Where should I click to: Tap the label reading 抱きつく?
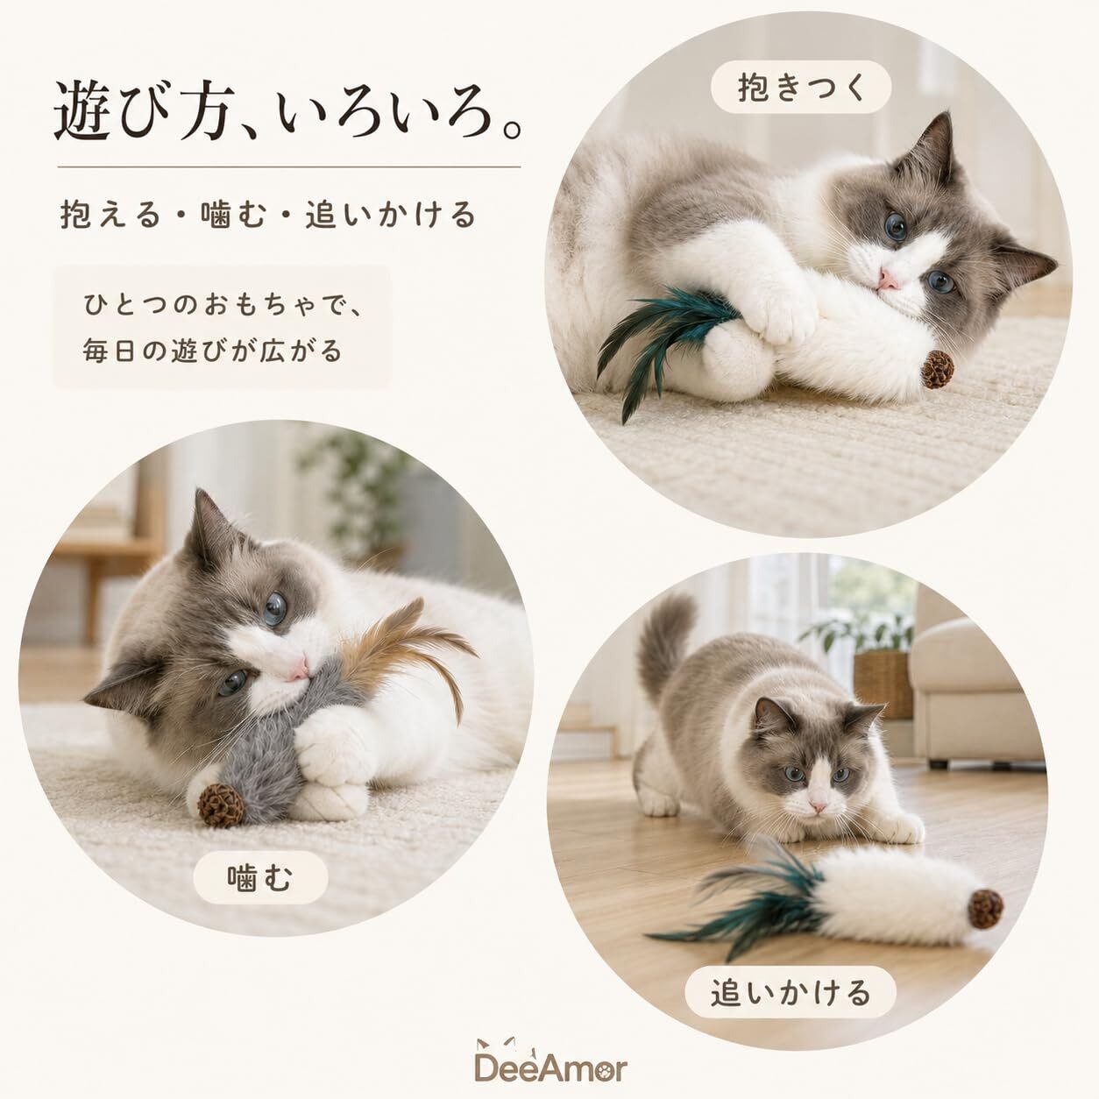point(801,88)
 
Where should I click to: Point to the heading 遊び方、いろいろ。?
point(288,110)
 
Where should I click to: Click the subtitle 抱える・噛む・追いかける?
point(268,214)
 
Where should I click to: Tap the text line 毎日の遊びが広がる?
point(212,351)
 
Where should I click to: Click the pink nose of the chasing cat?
point(818,808)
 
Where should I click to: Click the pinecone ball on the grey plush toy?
point(220,805)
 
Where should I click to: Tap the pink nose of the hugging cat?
point(887,280)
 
